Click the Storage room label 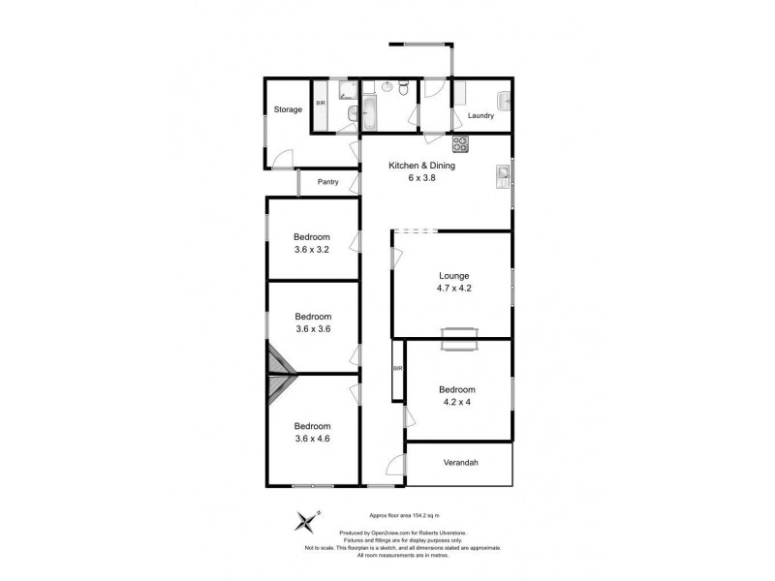[x=287, y=109]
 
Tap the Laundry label [x=481, y=116]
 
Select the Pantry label [x=328, y=181]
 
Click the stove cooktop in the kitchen [x=460, y=144]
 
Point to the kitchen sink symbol [x=504, y=176]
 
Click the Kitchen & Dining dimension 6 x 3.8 [x=421, y=178]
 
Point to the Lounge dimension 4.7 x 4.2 [x=453, y=288]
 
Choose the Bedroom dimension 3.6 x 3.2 [x=313, y=249]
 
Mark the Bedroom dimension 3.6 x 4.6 [x=313, y=439]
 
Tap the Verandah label [x=460, y=463]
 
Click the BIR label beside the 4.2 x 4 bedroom [x=398, y=369]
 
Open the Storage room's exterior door [x=281, y=162]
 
